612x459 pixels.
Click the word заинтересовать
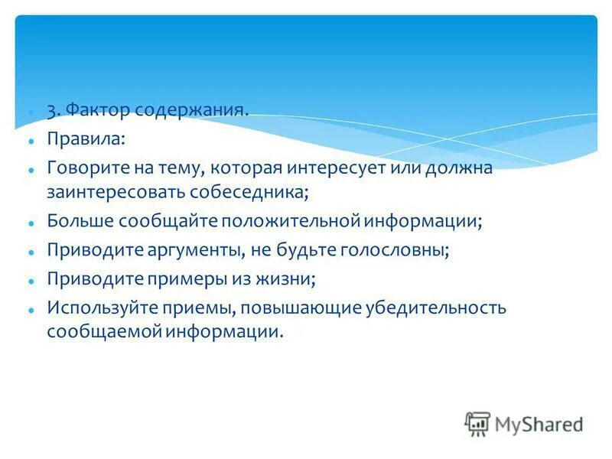point(123,190)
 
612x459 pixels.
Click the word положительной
point(291,221)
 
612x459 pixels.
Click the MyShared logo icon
point(477,424)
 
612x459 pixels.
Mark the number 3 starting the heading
point(51,111)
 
